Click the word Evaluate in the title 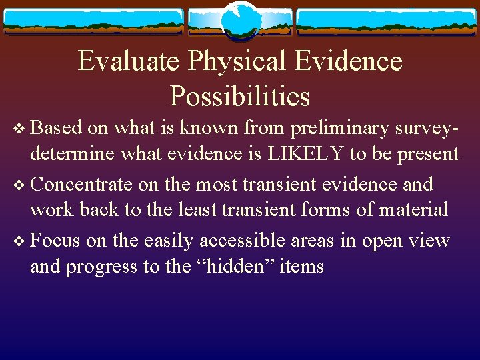(x=129, y=61)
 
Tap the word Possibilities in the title (x=240, y=96)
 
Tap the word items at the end (x=301, y=267)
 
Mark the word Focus (x=57, y=241)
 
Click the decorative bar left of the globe (x=93, y=21)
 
